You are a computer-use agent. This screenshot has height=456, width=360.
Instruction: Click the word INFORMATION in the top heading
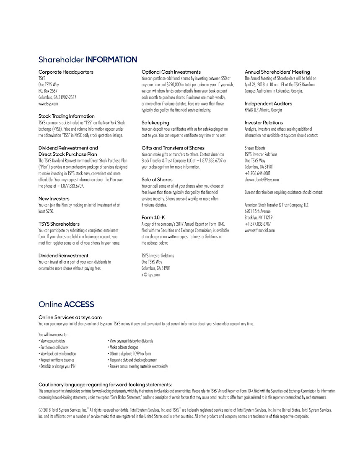[111, 60]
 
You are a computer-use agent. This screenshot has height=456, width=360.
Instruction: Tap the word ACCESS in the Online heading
[79, 304]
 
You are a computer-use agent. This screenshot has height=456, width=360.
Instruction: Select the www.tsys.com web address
[48, 103]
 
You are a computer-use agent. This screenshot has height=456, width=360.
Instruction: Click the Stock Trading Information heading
[67, 116]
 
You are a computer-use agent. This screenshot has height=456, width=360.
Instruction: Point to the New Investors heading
[54, 198]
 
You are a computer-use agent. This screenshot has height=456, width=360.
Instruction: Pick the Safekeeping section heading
[155, 123]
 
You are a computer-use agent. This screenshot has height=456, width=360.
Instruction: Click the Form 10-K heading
[153, 217]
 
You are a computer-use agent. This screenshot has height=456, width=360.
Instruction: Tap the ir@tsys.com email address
[150, 275]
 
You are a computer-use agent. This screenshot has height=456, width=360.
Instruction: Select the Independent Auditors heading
[268, 103]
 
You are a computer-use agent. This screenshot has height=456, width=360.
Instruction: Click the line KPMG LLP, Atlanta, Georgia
[263, 110]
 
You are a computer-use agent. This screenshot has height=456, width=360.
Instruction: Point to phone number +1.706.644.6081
[257, 173]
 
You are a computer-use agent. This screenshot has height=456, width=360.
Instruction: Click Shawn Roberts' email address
[262, 180]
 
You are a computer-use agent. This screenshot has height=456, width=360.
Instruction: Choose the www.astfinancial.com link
[259, 230]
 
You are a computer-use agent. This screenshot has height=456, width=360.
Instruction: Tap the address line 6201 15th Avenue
[257, 211]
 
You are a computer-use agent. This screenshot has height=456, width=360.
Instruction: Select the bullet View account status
[52, 341]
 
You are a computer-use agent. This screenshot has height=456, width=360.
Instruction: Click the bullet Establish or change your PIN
[57, 366]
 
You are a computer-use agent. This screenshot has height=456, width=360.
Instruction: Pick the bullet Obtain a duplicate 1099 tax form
[130, 354]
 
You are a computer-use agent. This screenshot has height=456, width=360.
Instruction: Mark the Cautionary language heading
[105, 384]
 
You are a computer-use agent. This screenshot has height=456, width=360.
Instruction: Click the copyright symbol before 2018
[40, 410]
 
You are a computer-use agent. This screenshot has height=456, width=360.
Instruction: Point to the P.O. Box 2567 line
[48, 91]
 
